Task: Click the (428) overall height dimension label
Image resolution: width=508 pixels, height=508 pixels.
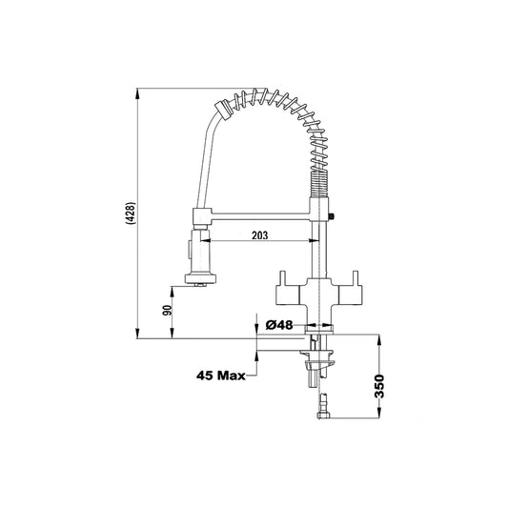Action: (x=132, y=213)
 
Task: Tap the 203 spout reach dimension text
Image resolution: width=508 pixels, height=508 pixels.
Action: (x=260, y=235)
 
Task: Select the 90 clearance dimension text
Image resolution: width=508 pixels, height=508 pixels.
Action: (x=167, y=311)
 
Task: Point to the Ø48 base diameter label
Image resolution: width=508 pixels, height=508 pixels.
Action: (x=279, y=325)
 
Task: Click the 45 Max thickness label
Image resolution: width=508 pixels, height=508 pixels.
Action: (x=221, y=376)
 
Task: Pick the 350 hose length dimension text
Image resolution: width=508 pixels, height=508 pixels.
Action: (x=379, y=386)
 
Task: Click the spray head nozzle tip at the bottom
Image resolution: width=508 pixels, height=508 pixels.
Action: (x=200, y=285)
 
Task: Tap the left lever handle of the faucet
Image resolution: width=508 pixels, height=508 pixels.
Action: (x=287, y=289)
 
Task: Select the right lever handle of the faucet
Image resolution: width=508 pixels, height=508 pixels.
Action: (x=351, y=289)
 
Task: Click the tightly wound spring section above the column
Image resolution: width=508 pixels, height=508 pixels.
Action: (x=319, y=184)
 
